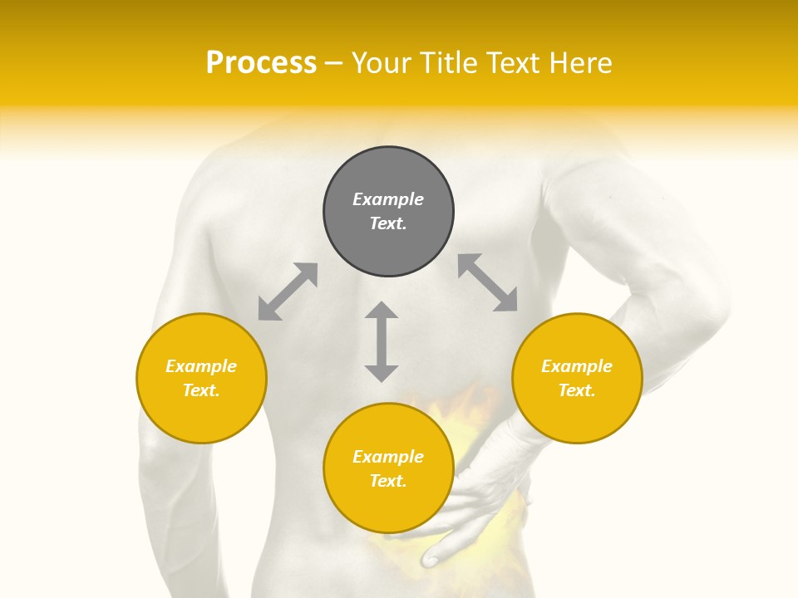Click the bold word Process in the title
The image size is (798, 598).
tap(261, 63)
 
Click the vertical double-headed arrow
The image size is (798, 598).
tap(382, 342)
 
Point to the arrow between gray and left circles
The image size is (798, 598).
tap(288, 292)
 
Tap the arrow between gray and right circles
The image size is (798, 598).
tap(488, 282)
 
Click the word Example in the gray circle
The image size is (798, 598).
tap(388, 199)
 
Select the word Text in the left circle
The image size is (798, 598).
tap(201, 390)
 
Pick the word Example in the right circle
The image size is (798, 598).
tap(577, 366)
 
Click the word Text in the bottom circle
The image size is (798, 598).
tap(388, 481)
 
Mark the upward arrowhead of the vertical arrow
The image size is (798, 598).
tap(382, 311)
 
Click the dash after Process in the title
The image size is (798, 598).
tap(333, 63)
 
